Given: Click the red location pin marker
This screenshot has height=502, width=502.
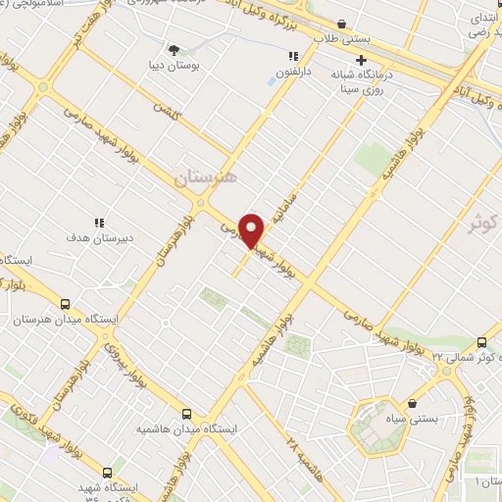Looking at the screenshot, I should [253, 230].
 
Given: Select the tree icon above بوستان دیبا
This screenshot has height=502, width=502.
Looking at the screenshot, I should [174, 49].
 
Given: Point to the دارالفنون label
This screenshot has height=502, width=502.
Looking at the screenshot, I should [292, 72].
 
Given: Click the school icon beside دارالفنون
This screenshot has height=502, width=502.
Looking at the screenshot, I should [278, 57].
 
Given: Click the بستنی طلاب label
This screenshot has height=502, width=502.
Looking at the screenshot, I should [339, 38].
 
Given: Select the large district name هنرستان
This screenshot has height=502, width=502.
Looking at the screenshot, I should [207, 178].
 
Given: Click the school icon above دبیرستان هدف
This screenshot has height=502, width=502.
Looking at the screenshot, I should [98, 223].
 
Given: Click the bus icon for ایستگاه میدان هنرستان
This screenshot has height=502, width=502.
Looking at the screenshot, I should [67, 304].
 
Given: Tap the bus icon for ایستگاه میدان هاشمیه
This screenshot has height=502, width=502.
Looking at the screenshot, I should [188, 414].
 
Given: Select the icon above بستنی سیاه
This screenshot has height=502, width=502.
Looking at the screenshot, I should [413, 403].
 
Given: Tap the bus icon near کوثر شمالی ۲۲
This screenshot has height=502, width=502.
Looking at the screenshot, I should [481, 342].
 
